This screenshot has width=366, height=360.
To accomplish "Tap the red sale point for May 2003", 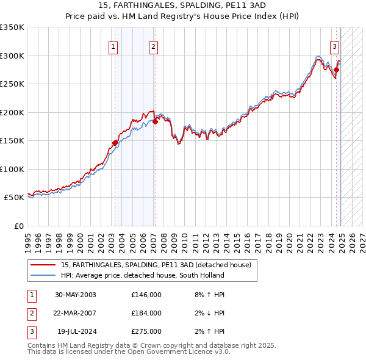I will tap(115, 143).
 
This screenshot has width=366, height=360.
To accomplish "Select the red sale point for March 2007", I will tap(155, 121).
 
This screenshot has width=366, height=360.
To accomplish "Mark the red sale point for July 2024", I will tap(336, 70).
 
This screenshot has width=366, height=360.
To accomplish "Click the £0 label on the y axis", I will tap(18, 226).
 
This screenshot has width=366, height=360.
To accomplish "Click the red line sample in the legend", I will tap(43, 265).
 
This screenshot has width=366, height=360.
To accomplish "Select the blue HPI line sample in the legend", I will tap(43, 275).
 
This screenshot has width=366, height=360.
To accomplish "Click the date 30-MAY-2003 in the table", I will tap(76, 295).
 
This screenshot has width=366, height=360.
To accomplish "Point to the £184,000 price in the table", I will tap(146, 313).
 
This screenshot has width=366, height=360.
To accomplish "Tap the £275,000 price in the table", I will tap(146, 331).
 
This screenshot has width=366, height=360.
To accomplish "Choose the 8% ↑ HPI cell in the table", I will tap(208, 295).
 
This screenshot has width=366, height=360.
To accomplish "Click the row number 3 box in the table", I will tap(30, 331).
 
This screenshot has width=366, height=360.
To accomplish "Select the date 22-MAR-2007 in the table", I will tap(76, 313).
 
